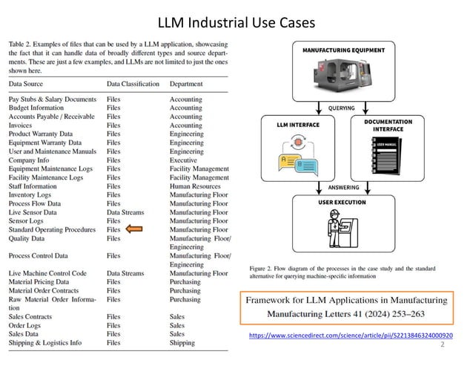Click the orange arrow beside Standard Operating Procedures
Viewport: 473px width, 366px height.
[x=136, y=230]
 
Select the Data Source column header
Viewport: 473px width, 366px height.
[x=28, y=84]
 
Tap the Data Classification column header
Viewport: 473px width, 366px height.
[x=133, y=84]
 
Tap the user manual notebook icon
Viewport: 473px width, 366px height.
[x=391, y=157]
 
